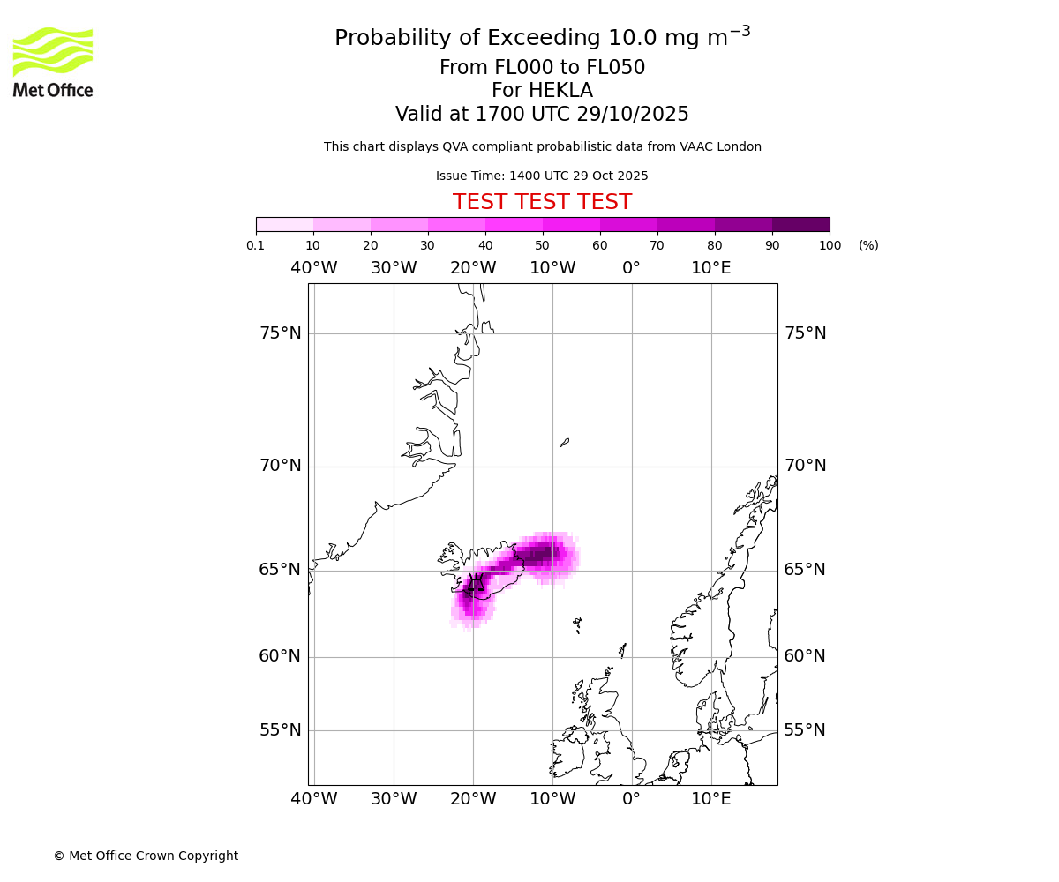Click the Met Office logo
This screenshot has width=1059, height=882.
[53, 62]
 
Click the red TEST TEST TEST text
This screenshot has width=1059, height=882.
[542, 202]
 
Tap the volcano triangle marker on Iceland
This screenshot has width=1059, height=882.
[476, 582]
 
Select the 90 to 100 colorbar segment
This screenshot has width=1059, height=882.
[800, 224]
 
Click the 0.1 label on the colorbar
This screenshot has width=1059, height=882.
[256, 245]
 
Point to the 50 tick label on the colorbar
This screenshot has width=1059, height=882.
[542, 245]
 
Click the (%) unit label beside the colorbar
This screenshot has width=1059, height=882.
[868, 245]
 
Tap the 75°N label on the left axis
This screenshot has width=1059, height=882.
[280, 333]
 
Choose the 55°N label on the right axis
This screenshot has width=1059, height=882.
[805, 730]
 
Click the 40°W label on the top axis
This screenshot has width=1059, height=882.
[314, 268]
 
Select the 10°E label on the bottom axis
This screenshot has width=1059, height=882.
[710, 799]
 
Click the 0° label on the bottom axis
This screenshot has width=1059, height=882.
[632, 799]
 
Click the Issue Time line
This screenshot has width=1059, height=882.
[542, 176]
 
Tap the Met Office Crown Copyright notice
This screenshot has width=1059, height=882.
[146, 856]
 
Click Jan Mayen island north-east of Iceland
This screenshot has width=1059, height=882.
[564, 443]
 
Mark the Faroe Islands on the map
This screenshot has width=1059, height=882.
[577, 624]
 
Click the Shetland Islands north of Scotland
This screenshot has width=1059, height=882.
[623, 650]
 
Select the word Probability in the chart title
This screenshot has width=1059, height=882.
[391, 39]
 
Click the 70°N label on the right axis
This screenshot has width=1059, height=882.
[805, 466]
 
